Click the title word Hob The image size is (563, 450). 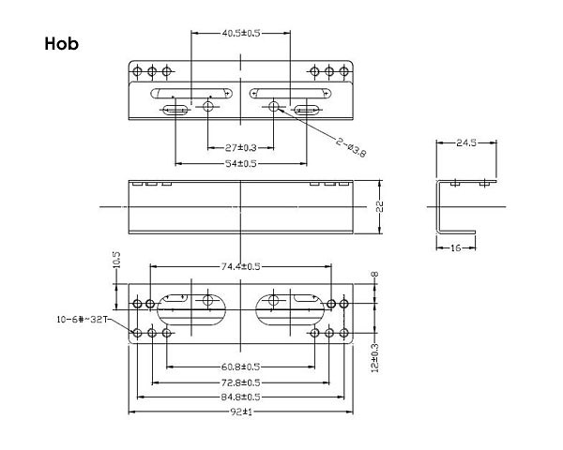click(62, 44)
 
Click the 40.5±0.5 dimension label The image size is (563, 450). click(241, 34)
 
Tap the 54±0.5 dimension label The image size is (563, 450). click(241, 163)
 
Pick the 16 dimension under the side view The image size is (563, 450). click(455, 247)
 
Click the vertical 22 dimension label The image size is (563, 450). click(380, 206)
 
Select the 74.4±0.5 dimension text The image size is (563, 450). click(241, 266)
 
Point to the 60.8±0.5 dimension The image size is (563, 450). click(241, 367)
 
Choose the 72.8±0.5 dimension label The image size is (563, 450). click(241, 382)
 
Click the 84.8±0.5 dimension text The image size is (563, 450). click(241, 397)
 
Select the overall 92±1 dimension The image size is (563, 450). click(241, 412)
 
